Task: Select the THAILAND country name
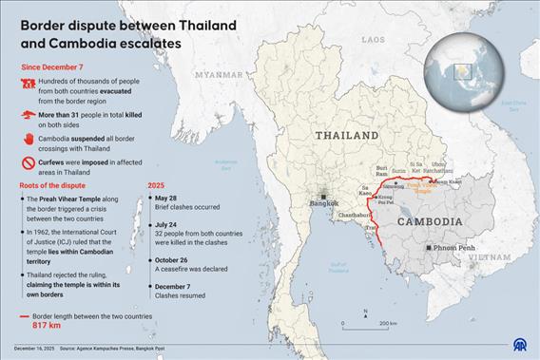point(347,136)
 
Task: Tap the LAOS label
point(374,40)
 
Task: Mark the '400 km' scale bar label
point(387,324)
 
